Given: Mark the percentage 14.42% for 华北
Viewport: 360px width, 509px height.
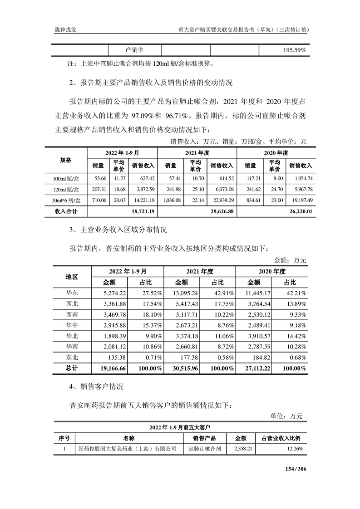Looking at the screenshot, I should pos(296,336).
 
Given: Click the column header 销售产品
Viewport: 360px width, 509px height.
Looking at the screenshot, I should pos(204,438).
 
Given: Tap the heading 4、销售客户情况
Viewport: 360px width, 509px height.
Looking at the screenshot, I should pos(97,387).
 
